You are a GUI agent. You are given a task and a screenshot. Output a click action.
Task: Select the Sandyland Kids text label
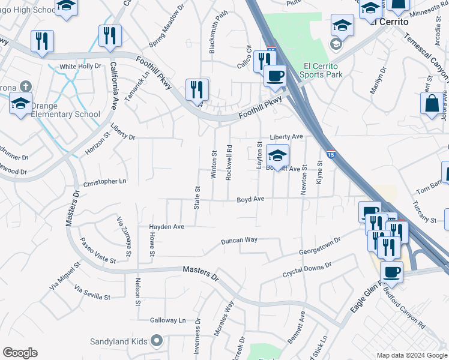pos(119,341)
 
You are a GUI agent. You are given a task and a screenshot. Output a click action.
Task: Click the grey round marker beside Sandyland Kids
pos(157,341)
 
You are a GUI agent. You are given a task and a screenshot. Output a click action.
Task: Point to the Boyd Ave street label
pos(250,199)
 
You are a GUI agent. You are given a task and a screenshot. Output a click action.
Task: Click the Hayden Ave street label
pos(167,227)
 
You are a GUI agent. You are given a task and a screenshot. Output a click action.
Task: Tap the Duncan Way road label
pos(239,240)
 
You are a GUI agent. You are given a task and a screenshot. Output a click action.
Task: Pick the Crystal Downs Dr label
pos(307,270)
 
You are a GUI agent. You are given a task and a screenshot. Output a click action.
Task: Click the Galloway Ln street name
pos(168,320)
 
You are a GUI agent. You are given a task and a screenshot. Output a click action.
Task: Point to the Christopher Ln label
pos(106,181)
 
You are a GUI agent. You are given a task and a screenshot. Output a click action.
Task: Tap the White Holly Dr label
pos(80,66)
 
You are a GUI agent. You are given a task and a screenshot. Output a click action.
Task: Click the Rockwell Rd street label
pos(229,162)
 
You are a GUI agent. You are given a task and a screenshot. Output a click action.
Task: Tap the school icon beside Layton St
pos(277,156)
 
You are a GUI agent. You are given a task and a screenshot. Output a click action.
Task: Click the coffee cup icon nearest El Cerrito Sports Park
pos(275,76)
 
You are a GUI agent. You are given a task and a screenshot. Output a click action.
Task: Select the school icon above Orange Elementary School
pos(20,103)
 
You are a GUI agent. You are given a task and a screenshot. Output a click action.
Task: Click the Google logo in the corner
pos(20,353)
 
